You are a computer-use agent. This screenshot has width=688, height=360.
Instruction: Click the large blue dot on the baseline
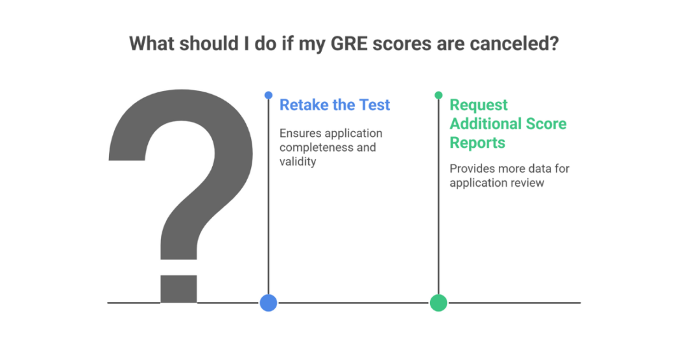[268, 303]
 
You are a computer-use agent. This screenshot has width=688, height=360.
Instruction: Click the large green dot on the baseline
[438, 303]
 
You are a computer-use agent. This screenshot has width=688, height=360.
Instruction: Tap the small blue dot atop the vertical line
[268, 95]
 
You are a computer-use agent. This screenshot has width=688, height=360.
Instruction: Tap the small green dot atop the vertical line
[438, 95]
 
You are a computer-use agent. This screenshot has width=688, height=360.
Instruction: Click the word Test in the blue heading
[374, 105]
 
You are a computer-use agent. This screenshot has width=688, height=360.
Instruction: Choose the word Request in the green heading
[478, 105]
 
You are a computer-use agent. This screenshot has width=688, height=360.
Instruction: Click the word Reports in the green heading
[478, 143]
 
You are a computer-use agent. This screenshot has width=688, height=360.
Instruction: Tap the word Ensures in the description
[300, 133]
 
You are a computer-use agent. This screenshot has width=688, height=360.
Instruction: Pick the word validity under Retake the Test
[297, 161]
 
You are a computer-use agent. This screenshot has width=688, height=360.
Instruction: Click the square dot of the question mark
[178, 288]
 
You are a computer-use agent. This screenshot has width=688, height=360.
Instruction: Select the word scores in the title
[396, 44]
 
